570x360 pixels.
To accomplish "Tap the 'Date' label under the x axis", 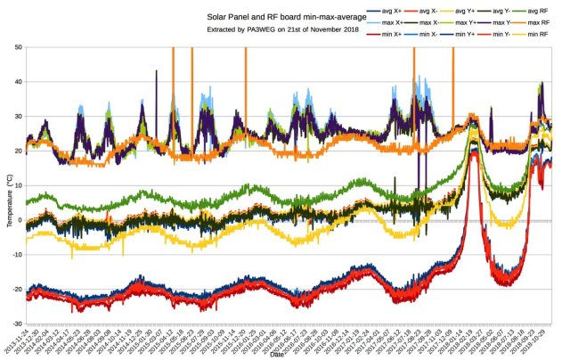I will coord(276,355).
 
